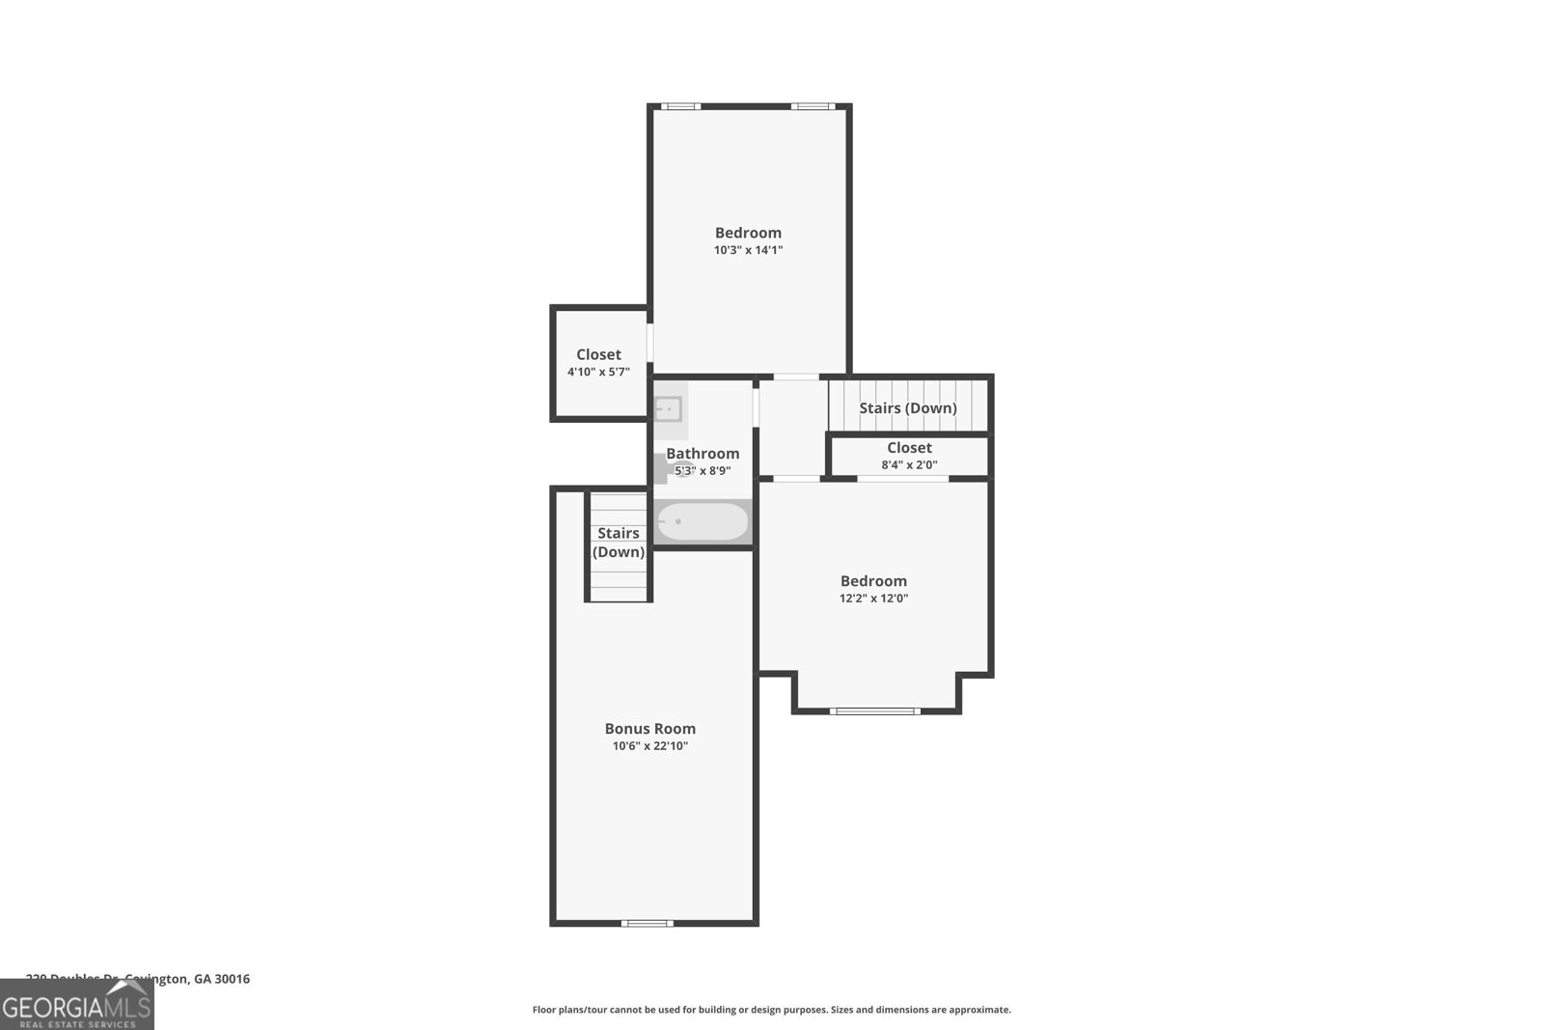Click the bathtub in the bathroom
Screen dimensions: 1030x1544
(x=703, y=522)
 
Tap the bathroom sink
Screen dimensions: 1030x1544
(x=668, y=409)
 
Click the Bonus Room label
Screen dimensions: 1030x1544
(x=649, y=729)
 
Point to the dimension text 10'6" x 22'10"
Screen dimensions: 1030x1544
(x=649, y=746)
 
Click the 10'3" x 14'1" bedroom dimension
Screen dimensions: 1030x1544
(x=748, y=250)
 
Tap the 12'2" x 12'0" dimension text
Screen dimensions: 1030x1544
(x=873, y=599)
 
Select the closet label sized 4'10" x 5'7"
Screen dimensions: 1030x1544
(x=598, y=354)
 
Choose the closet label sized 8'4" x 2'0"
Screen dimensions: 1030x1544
(x=909, y=448)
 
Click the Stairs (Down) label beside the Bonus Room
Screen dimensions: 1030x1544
(x=618, y=543)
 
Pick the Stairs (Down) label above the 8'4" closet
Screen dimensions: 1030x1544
(x=907, y=408)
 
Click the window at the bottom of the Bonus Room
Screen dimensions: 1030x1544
(x=648, y=923)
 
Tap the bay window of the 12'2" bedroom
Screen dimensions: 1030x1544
(x=875, y=711)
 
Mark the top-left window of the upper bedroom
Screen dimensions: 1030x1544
(x=680, y=106)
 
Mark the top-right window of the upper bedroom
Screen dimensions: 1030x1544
(x=813, y=106)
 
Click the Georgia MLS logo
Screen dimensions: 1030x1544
(x=76, y=1007)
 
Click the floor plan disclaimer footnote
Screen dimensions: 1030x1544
(x=771, y=1010)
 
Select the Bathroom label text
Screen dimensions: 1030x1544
(x=703, y=454)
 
